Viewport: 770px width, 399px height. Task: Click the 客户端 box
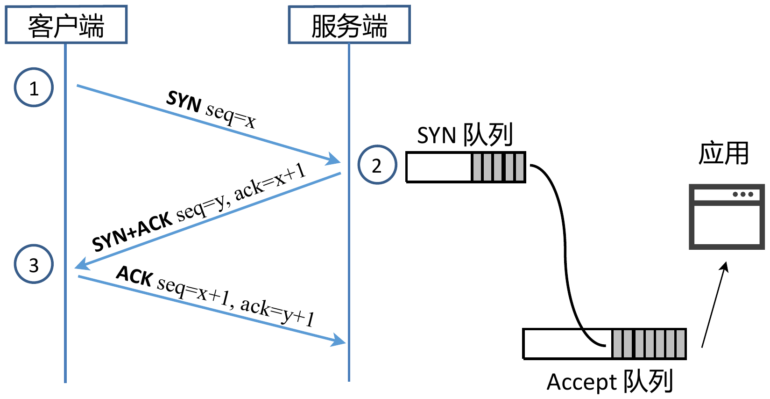66,25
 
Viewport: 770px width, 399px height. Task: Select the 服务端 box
349,25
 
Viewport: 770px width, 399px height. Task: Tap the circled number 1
34,87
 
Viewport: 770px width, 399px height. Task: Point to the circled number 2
377,165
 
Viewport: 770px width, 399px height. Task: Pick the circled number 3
34,264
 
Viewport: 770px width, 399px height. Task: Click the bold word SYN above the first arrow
184,101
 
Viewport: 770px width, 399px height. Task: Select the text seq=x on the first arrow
231,115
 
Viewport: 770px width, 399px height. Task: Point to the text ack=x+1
270,182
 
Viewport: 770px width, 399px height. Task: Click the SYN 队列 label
465,135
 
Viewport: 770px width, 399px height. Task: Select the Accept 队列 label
609,382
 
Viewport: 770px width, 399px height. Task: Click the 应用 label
723,153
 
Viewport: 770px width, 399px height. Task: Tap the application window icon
727,217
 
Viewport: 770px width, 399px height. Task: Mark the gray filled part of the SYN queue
498,167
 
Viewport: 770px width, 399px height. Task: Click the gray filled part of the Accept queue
649,344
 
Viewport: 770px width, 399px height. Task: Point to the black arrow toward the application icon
714,304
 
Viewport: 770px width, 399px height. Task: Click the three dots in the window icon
743,194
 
